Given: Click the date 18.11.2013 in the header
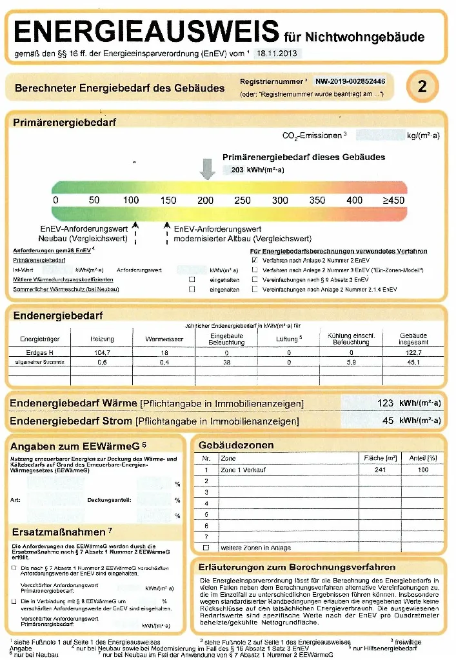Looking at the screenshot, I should pyautogui.click(x=276, y=54).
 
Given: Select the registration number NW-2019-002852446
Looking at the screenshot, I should pyautogui.click(x=350, y=82).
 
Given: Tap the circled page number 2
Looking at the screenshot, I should pyautogui.click(x=422, y=86).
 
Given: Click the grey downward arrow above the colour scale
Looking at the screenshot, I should pyautogui.click(x=207, y=169).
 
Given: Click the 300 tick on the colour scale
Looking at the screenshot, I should pyautogui.click(x=280, y=200).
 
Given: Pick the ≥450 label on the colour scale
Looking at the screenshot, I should pyautogui.click(x=393, y=200).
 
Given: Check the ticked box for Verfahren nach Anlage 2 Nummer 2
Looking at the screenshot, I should pyautogui.click(x=255, y=260).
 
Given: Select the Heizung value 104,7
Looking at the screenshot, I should pyautogui.click(x=102, y=353).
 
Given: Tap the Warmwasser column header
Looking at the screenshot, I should pyautogui.click(x=164, y=339).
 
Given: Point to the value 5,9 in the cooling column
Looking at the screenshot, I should pyautogui.click(x=352, y=363).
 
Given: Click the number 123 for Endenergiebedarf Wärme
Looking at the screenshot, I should pyautogui.click(x=385, y=403).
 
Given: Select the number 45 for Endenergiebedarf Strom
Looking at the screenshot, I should pyautogui.click(x=388, y=421).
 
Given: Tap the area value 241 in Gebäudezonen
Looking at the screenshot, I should pyautogui.click(x=380, y=470).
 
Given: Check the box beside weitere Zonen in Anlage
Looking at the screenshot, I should pyautogui.click(x=206, y=547).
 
